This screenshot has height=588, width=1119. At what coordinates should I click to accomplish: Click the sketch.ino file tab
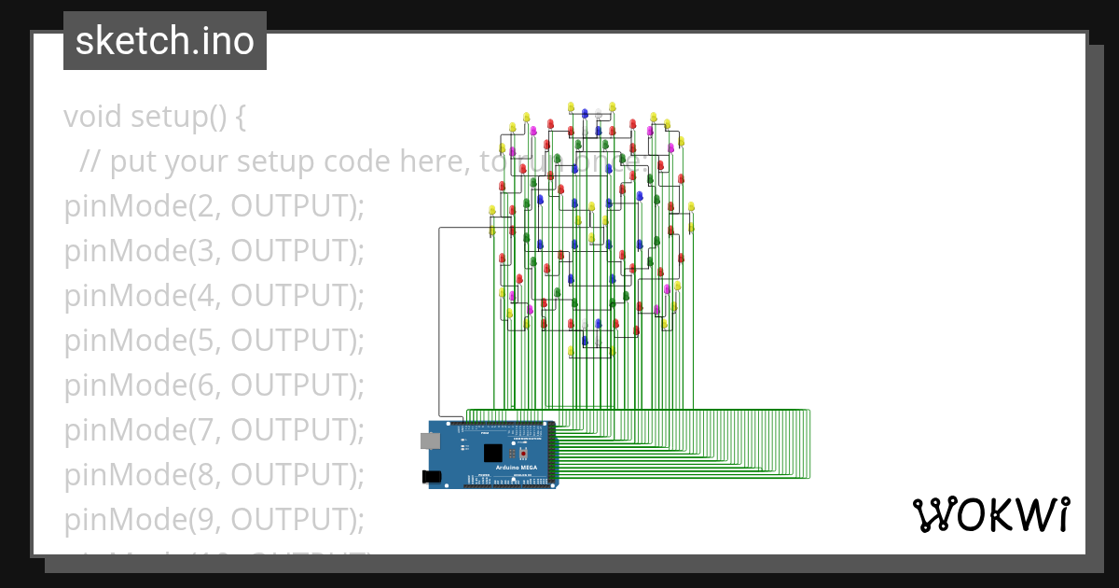[x=165, y=41]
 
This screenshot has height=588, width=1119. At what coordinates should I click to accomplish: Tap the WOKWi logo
[x=990, y=515]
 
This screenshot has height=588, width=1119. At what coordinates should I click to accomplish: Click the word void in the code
[x=93, y=118]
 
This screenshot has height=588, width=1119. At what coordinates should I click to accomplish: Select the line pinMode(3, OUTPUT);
[x=214, y=252]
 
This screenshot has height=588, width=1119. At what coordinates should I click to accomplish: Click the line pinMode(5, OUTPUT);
[x=214, y=342]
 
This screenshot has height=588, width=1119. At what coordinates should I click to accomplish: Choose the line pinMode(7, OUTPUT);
[x=214, y=431]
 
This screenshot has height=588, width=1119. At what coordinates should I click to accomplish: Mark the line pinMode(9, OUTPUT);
[x=214, y=520]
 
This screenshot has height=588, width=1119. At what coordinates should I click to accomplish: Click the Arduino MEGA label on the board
[x=516, y=467]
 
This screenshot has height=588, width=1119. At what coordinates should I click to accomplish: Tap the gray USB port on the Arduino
[x=430, y=441]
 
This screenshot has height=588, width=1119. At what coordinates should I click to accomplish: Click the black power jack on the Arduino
[x=432, y=477]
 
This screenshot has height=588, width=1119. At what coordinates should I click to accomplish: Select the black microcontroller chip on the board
[x=492, y=453]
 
